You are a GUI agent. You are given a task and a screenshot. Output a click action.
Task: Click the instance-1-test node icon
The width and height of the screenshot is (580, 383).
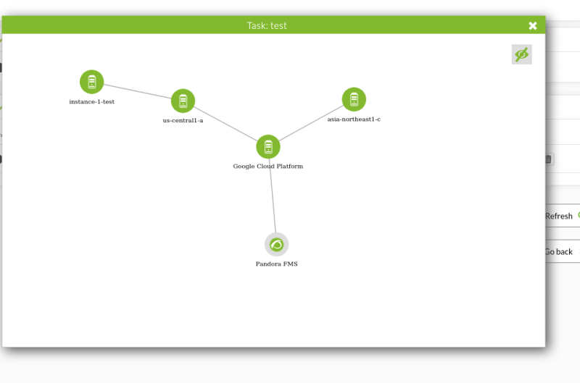92,82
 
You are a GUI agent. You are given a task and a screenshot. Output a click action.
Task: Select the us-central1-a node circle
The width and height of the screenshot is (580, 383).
183,101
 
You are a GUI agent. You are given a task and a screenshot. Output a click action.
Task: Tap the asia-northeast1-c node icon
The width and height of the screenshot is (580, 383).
354,99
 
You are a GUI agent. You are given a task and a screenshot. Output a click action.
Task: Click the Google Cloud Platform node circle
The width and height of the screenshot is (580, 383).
268,147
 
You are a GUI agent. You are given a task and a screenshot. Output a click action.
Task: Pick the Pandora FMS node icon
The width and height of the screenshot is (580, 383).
277,245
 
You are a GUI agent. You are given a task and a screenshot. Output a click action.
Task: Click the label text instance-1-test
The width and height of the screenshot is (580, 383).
92,101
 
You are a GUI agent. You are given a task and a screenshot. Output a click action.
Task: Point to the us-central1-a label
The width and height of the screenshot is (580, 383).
183,120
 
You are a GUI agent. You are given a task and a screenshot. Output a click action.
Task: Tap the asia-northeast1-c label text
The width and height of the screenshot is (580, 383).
354,119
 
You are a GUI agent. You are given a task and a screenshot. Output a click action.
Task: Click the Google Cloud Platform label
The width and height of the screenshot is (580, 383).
268,167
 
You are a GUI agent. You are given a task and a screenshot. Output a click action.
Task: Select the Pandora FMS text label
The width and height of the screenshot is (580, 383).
277,264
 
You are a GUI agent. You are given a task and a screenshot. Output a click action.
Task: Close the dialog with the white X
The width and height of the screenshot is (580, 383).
533,25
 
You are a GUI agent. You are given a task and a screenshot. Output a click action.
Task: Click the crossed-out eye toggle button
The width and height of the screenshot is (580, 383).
521,54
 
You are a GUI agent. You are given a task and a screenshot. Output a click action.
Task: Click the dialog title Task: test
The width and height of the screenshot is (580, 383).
267,25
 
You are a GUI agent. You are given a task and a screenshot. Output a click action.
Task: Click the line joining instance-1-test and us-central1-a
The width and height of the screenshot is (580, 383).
137,91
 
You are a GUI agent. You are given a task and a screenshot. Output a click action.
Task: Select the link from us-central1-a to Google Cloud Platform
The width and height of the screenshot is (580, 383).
225,124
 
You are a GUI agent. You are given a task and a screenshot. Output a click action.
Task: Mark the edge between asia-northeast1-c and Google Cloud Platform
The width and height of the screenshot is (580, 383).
311,123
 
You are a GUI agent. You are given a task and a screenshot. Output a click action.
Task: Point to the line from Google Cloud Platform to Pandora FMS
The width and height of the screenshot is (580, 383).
273,195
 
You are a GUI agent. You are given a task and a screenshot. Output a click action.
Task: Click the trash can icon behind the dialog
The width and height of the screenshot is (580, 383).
549,159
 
